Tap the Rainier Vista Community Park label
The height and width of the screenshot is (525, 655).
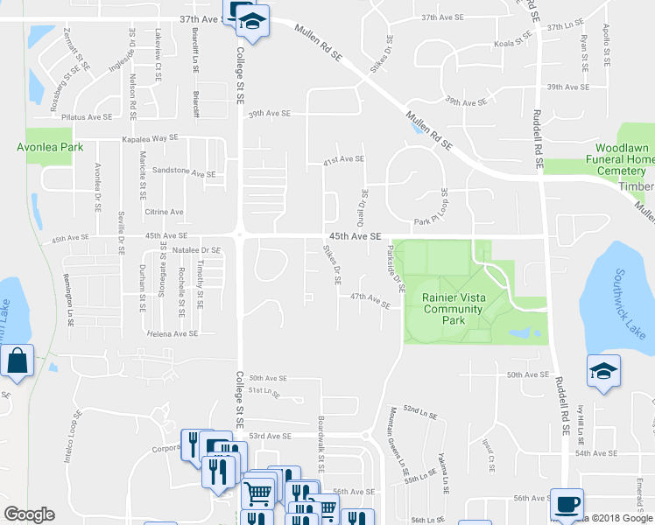click(x=453, y=309)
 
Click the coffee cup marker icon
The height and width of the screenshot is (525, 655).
click(x=567, y=505)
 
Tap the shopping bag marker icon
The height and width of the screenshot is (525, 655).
click(x=17, y=360)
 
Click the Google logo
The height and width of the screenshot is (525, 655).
click(x=29, y=514)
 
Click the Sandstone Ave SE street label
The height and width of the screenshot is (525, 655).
click(x=184, y=173)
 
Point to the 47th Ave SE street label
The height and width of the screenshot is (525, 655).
click(x=370, y=297)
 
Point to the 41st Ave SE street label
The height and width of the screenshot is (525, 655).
click(x=343, y=159)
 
